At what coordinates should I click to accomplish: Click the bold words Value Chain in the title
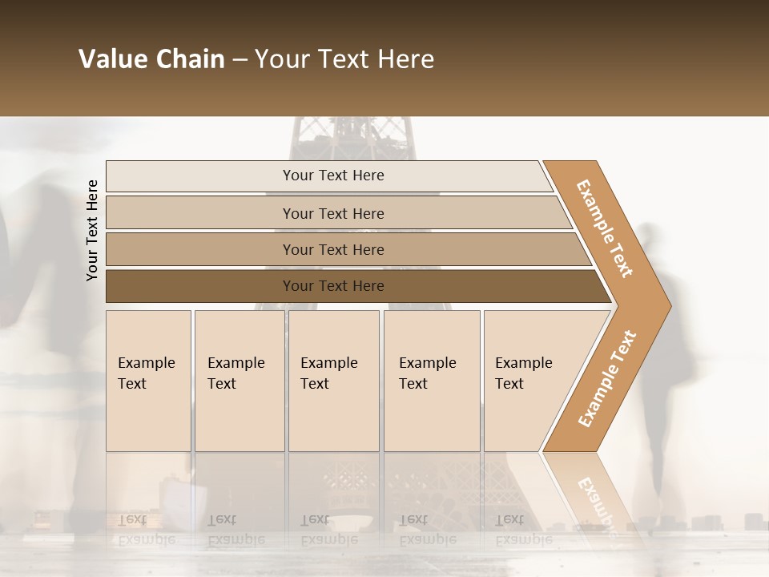click(x=151, y=59)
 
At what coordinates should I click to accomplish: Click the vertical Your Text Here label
click(x=93, y=230)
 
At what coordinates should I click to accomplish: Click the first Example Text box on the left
click(x=148, y=381)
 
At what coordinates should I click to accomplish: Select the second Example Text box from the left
click(x=239, y=381)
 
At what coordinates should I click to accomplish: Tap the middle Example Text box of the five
click(x=333, y=381)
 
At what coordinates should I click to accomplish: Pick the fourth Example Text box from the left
click(x=432, y=381)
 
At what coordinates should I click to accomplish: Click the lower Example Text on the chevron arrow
click(x=607, y=378)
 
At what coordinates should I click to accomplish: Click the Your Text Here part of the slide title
click(x=344, y=59)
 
